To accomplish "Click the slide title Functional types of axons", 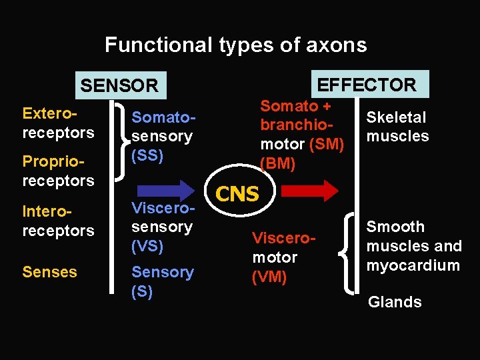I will click(235, 45).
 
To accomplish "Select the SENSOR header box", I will click(119, 85).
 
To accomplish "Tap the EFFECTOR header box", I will click(366, 85).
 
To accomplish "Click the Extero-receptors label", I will click(58, 123).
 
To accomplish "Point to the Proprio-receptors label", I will click(58, 171).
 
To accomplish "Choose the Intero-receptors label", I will click(58, 221).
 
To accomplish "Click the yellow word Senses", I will click(49, 272).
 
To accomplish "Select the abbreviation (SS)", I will click(147, 155).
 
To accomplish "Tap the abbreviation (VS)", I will click(147, 246).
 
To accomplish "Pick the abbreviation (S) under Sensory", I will click(143, 291).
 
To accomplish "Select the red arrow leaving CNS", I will click(309, 191).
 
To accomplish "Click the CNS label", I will click(238, 194).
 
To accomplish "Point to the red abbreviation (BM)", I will click(277, 163).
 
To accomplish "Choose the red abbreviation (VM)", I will click(269, 277).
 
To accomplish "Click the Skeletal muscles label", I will click(397, 127).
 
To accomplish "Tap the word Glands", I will click(395, 302).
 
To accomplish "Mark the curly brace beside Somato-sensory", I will click(120, 141).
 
